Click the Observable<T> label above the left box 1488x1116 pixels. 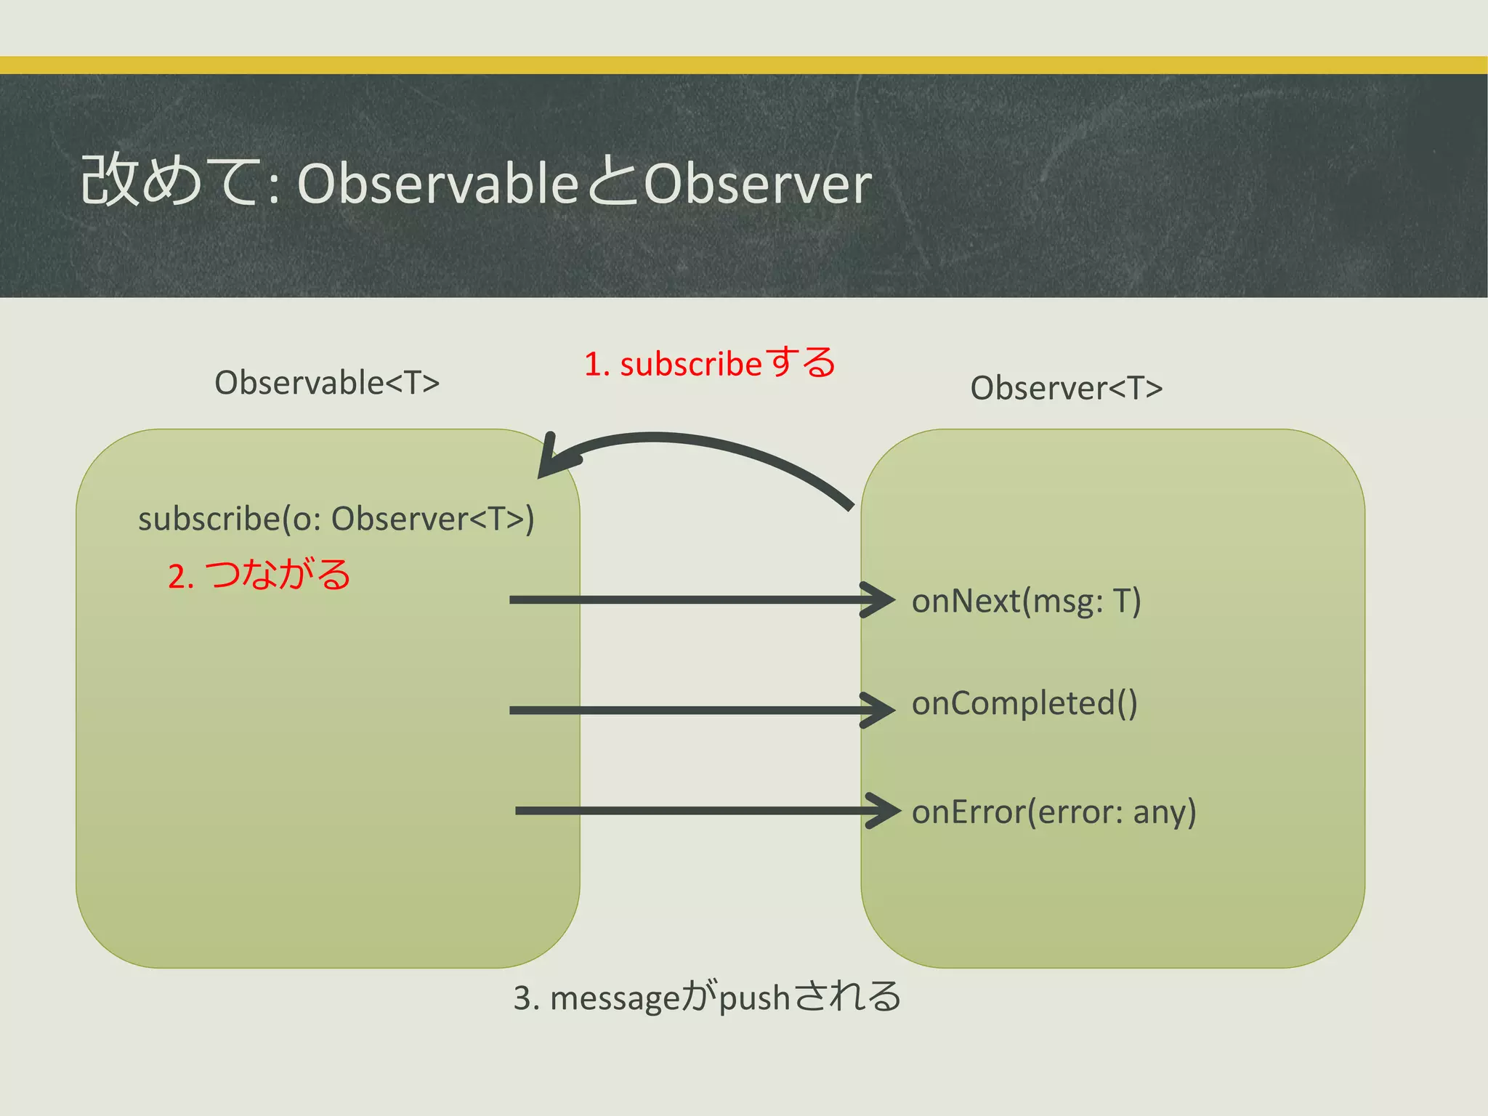coord(327,383)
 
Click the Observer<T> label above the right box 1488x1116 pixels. coord(1066,388)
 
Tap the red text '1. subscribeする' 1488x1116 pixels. coord(710,363)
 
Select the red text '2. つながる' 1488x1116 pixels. coord(259,575)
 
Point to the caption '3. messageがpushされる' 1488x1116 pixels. coord(707,997)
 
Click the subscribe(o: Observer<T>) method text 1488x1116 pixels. coord(336,519)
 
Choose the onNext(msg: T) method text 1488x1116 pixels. coord(1026,602)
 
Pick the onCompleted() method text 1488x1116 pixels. coord(1024,703)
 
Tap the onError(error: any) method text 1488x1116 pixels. coord(1054,812)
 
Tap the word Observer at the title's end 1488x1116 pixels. coord(757,184)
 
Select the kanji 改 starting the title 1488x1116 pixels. coord(108,180)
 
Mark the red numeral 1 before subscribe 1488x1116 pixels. coord(593,364)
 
